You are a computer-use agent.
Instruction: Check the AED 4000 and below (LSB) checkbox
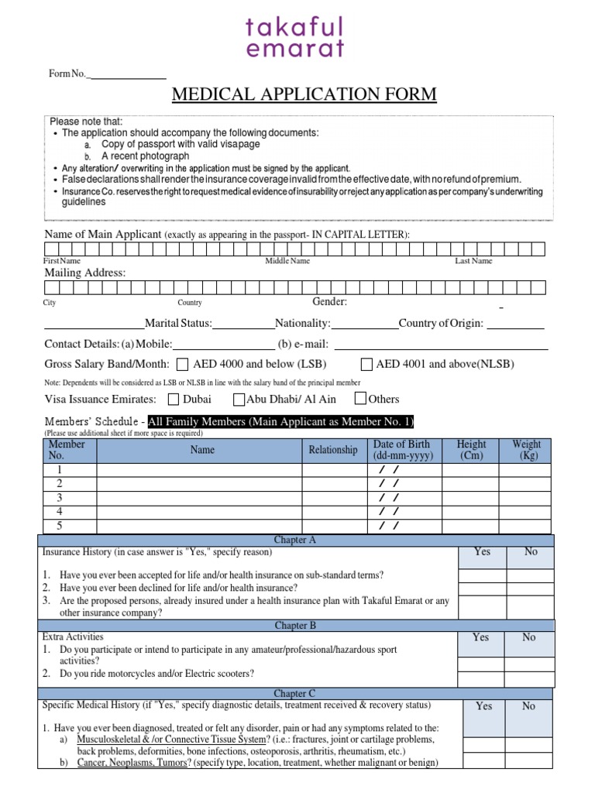coord(183,365)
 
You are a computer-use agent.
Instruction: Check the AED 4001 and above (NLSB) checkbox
coord(366,365)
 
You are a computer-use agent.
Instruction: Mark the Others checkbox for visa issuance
coord(360,400)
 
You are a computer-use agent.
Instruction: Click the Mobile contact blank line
coord(223,345)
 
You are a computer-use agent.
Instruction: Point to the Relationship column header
coord(333,450)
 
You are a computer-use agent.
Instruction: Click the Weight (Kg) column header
coord(526,450)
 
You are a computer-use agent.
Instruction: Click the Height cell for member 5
coord(470,527)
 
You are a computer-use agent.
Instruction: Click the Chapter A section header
coord(295,540)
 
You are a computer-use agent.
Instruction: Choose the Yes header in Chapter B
coord(480,637)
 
